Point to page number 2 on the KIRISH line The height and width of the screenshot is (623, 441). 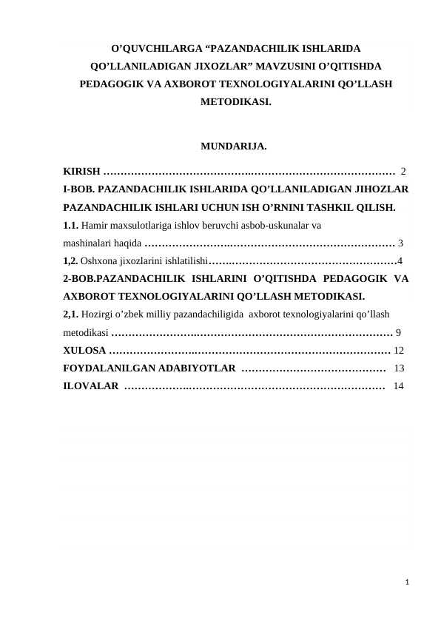point(403,172)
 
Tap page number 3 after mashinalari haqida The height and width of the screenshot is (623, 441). point(400,242)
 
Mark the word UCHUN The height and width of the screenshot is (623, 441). point(195,206)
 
